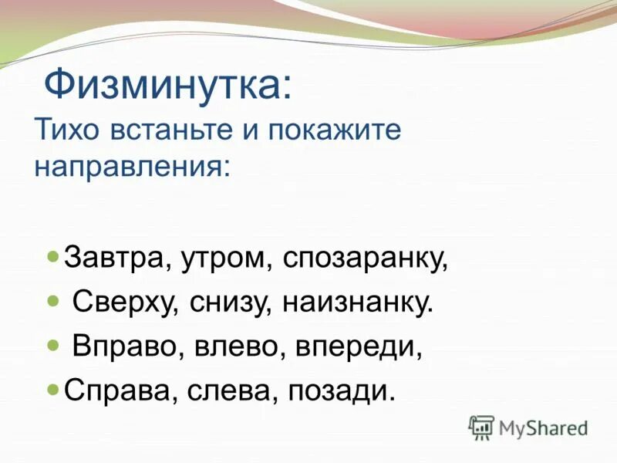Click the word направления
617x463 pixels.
[131, 165]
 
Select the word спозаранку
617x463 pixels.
[365, 258]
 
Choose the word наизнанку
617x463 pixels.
[358, 302]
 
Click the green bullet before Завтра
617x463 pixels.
[53, 255]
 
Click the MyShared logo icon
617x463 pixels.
[481, 427]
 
